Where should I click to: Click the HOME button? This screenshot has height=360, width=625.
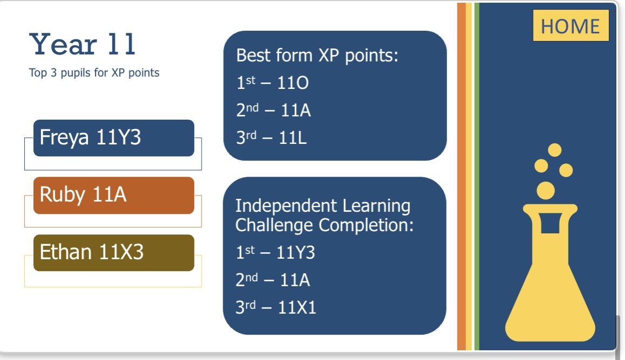point(571,26)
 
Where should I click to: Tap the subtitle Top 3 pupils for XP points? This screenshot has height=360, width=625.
point(94,73)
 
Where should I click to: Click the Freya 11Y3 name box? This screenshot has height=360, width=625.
point(113,138)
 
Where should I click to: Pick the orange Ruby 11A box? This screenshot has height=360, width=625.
point(113,195)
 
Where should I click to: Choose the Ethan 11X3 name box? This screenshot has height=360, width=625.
point(113,252)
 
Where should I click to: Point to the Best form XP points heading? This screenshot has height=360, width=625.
point(317,56)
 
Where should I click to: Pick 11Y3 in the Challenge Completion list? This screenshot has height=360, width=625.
point(296,253)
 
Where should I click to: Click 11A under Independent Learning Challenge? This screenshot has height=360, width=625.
point(294,280)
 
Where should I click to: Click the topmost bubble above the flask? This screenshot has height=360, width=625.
point(554,150)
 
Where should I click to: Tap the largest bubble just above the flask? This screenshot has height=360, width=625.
point(546,190)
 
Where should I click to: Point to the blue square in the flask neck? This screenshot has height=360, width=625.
point(550,223)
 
